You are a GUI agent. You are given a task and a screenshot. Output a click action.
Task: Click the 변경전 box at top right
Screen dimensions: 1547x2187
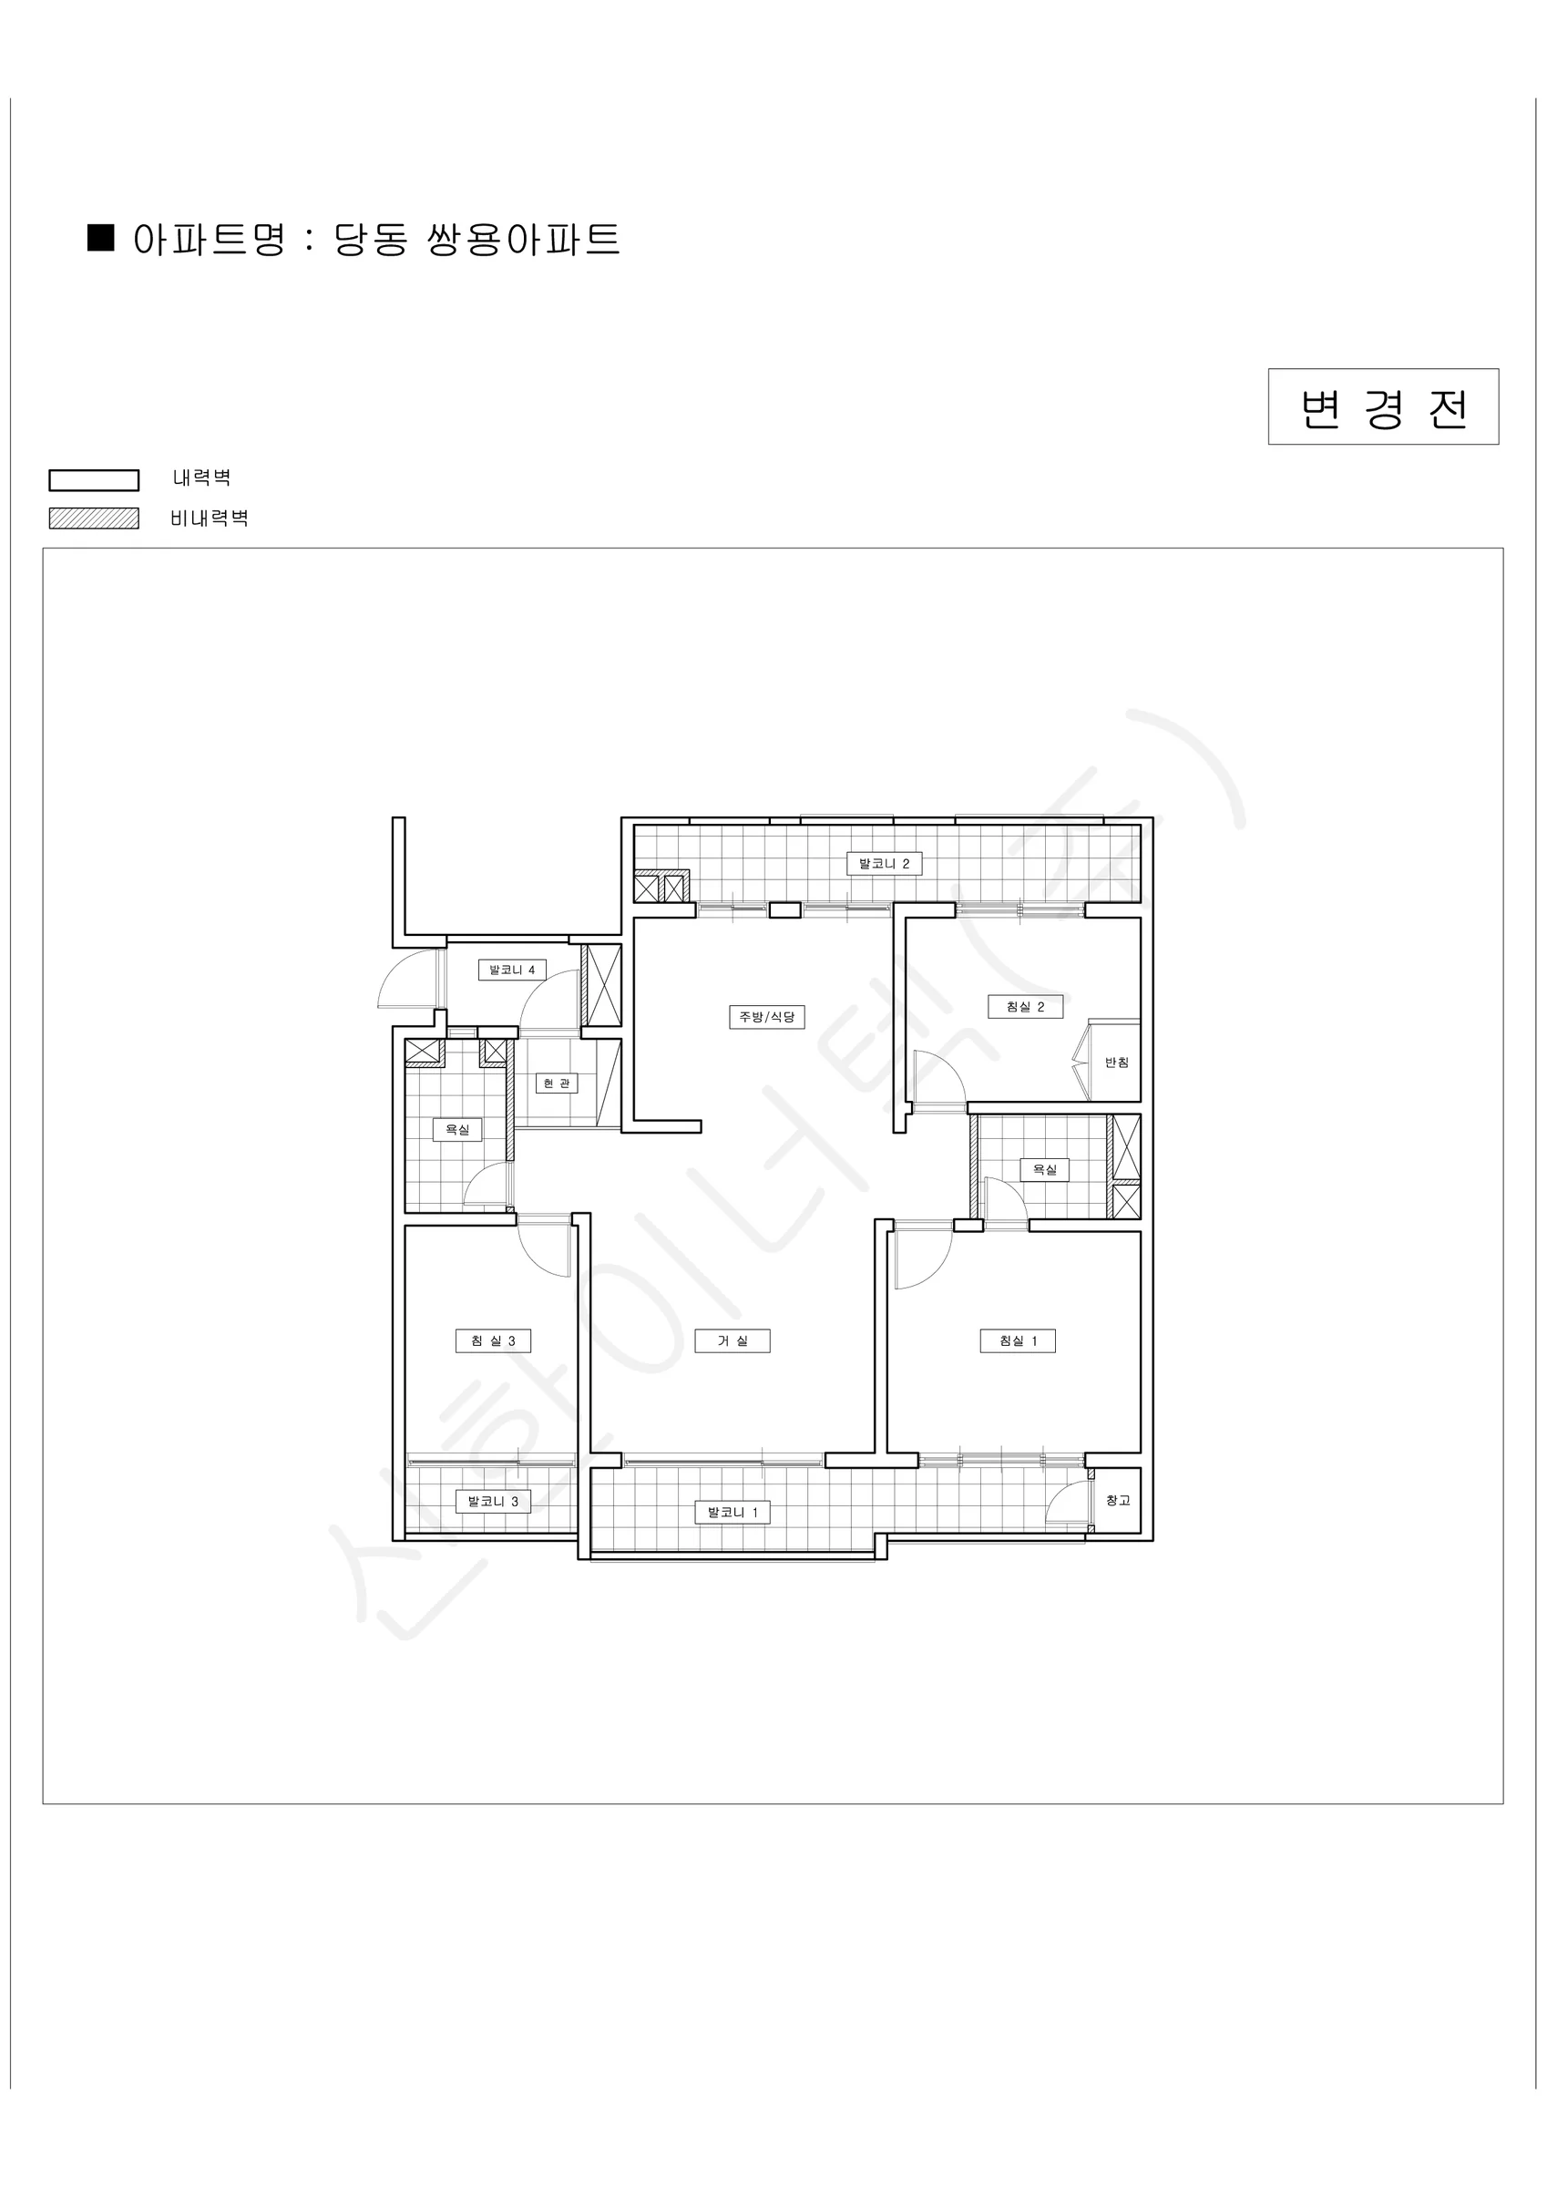coord(1383,406)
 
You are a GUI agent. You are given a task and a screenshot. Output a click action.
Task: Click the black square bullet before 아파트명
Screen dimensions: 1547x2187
coord(101,238)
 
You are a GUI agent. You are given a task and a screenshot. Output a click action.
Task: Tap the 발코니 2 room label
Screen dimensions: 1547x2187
coord(884,864)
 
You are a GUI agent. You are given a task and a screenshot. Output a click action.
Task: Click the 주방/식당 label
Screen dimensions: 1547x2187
coord(767,1017)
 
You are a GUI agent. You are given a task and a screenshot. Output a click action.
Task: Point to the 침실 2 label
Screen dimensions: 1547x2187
coord(1025,1007)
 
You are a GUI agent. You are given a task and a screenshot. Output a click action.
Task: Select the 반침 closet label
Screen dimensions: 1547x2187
coord(1116,1063)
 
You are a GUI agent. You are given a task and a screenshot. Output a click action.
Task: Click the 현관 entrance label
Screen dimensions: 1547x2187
coord(557,1084)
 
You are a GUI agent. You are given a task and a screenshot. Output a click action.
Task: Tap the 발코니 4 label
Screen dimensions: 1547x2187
coord(511,970)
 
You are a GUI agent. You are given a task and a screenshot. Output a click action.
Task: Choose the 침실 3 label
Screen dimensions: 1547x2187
coord(493,1341)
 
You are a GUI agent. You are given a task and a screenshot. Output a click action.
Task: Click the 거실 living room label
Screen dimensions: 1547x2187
coord(733,1341)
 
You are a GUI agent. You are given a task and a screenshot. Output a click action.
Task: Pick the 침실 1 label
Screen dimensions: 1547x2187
coord(1019,1341)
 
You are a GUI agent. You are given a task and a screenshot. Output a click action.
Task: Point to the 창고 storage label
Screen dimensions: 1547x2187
coord(1117,1500)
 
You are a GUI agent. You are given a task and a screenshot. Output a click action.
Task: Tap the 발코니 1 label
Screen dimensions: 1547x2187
coord(733,1512)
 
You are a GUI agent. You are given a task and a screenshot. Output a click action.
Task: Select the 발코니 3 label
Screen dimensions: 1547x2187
coord(493,1502)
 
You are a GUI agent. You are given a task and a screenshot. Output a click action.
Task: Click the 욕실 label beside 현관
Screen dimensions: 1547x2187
coord(457,1130)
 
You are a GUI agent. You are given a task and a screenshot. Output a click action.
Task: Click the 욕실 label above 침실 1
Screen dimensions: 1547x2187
coord(1045,1170)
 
